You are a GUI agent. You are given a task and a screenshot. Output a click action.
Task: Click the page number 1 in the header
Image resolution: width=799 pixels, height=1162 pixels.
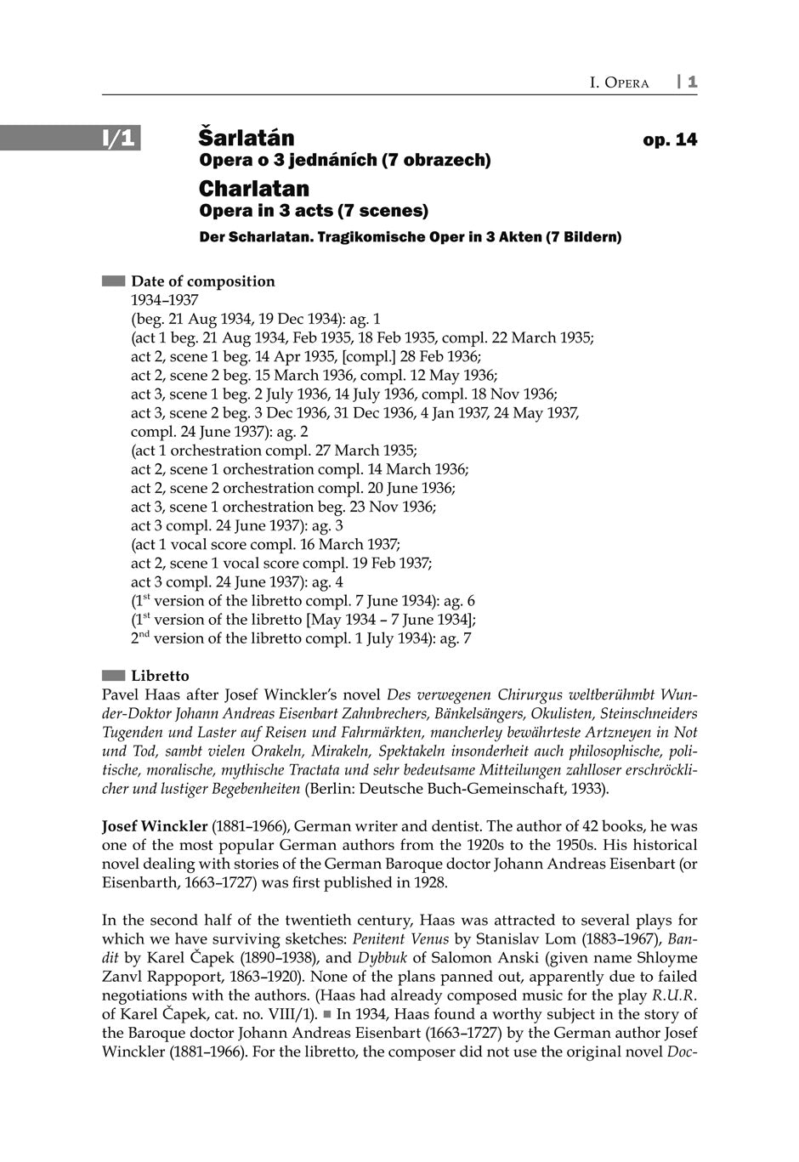click(x=693, y=82)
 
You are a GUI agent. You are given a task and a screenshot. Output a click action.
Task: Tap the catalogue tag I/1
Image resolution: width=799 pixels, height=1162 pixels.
click(x=119, y=138)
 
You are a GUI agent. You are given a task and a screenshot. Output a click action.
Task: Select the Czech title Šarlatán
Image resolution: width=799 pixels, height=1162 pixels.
click(x=246, y=137)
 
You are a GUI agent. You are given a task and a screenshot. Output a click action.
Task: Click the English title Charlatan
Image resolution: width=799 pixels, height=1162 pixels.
click(x=253, y=188)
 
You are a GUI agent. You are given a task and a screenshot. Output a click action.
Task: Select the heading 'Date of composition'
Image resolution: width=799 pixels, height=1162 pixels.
click(x=202, y=281)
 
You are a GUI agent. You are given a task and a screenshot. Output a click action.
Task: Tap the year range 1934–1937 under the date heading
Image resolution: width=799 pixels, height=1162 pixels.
click(x=164, y=300)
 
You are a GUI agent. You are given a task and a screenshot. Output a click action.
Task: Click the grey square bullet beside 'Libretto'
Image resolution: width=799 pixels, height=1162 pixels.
click(x=113, y=676)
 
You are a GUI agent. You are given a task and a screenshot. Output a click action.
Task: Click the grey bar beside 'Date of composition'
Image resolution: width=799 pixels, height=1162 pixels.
click(x=113, y=281)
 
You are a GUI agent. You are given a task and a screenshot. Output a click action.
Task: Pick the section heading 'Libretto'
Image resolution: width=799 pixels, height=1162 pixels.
click(x=160, y=676)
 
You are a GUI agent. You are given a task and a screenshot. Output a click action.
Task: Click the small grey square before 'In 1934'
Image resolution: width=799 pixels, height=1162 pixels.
click(x=326, y=1014)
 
